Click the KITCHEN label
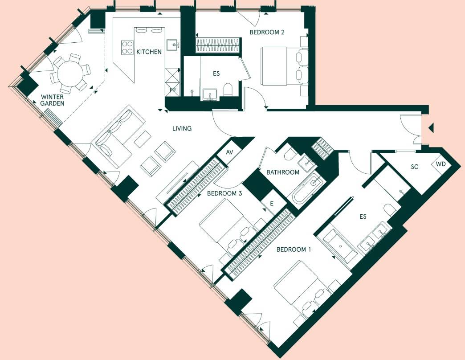[x=149, y=52]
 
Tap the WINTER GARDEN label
[x=53, y=100]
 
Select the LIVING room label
[x=182, y=128]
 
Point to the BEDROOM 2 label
[x=267, y=32]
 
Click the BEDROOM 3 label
[x=224, y=193]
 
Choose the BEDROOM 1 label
[x=294, y=250]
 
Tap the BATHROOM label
[x=283, y=172]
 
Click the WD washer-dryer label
[x=441, y=164]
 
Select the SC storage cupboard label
[x=415, y=167]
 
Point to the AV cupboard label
[x=229, y=152]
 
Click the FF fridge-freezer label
[x=173, y=90]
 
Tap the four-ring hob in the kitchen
[x=127, y=47]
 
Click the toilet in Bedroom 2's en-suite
[x=228, y=90]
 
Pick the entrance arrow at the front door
[x=431, y=128]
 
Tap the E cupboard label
[x=271, y=204]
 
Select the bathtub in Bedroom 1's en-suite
[x=340, y=246]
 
